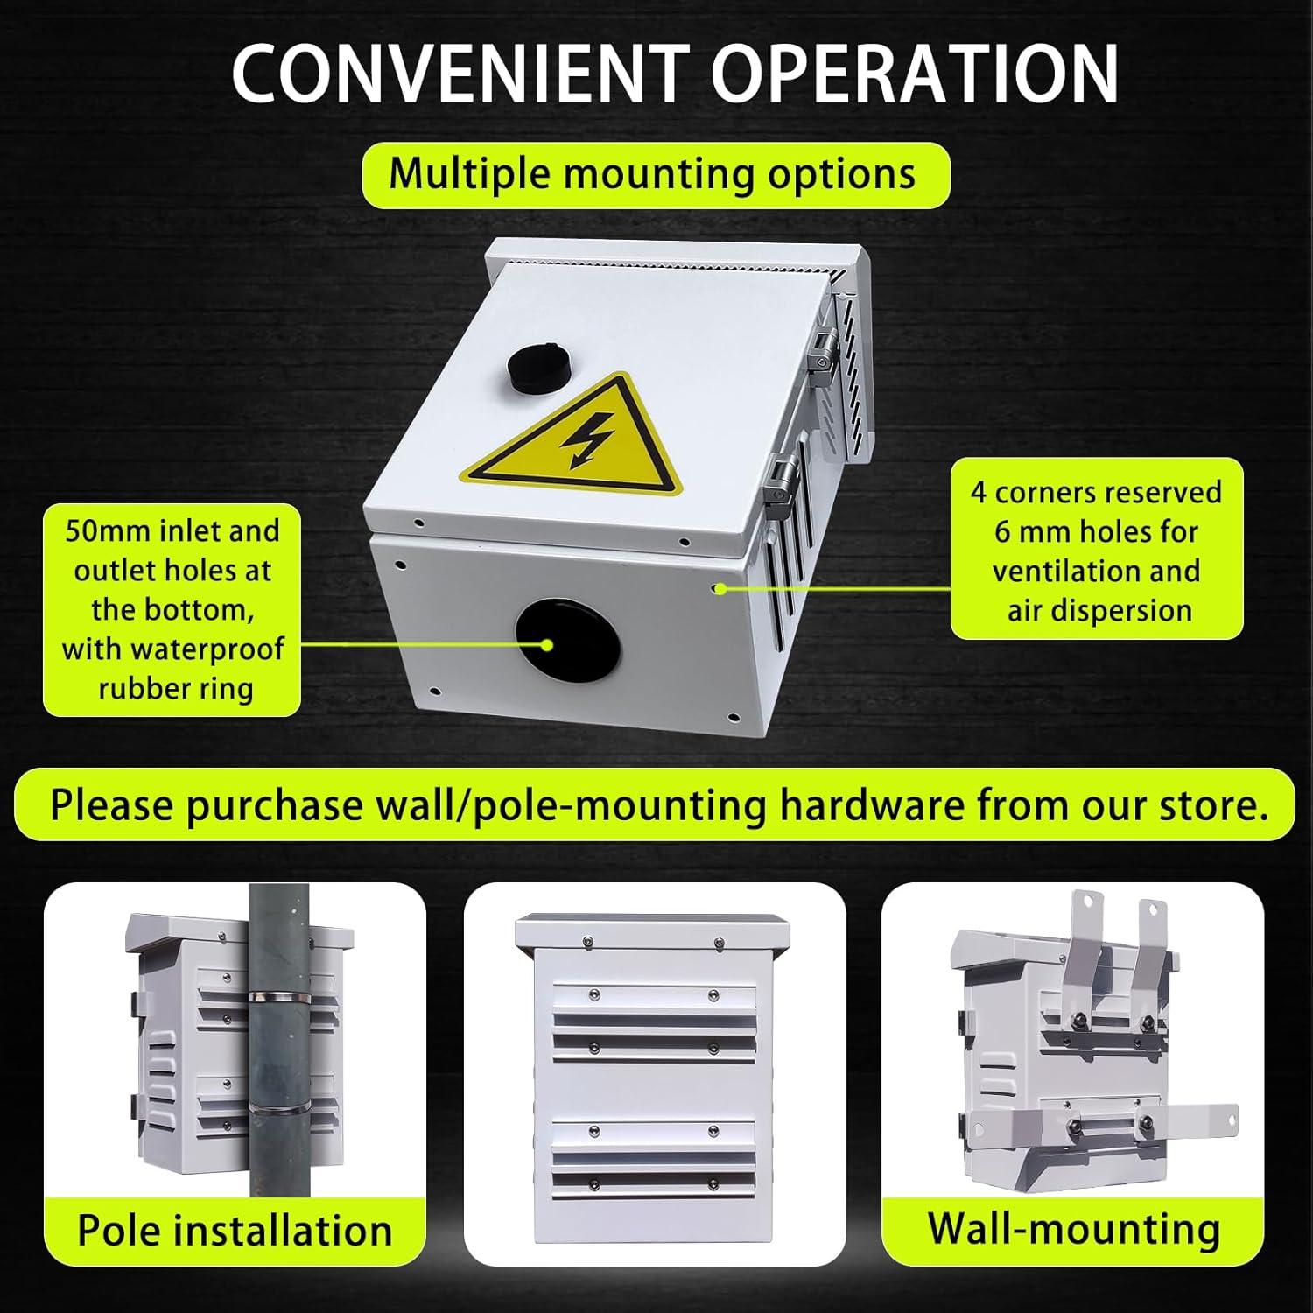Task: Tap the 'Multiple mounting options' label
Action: tap(655, 175)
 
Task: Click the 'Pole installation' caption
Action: tap(235, 1231)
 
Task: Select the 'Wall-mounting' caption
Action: tap(1074, 1228)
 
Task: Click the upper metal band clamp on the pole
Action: tap(279, 997)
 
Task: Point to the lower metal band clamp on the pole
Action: tap(279, 1108)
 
